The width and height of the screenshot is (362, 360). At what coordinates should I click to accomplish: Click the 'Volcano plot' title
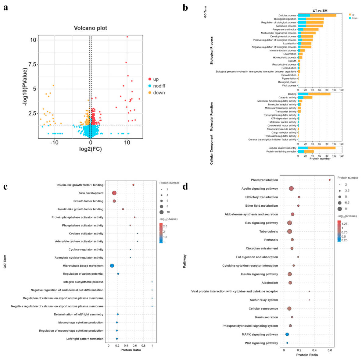pos(90,28)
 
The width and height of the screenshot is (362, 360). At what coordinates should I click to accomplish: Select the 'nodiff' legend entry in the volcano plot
pos(157,86)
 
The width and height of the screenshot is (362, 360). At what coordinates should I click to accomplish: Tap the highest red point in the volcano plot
pos(127,37)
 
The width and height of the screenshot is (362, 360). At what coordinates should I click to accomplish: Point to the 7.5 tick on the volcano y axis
pos(32,64)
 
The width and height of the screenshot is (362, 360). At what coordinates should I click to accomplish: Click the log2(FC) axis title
pos(91,149)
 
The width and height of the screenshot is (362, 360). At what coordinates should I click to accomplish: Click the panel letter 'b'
pos(185,8)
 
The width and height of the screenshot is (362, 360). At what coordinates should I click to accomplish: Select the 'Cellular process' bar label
pos(287,16)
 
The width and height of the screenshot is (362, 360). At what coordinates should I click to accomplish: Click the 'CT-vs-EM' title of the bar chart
pos(320,11)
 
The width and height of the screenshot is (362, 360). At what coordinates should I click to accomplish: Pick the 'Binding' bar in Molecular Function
pos(314,94)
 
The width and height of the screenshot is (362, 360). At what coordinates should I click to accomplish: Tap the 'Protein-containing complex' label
pos(281,151)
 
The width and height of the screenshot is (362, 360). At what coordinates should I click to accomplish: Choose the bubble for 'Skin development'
pos(114,193)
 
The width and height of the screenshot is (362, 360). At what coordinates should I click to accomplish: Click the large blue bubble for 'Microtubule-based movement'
pos(112,266)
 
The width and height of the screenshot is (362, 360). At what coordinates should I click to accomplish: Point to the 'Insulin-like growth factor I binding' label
pos(80,185)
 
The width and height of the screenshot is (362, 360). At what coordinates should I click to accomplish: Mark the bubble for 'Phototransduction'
pos(330,180)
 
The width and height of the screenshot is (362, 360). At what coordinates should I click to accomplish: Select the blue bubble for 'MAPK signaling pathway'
pos(287,334)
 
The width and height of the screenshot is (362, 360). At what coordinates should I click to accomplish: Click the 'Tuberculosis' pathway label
pos(268,231)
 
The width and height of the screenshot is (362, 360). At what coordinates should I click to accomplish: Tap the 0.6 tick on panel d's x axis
pos(330,350)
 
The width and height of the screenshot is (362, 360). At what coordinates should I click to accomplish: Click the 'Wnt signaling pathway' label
pos(261,343)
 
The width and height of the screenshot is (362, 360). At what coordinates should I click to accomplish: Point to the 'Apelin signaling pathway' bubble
pos(291,189)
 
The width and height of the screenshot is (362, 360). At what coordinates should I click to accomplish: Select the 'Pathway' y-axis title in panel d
pos(185,261)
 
